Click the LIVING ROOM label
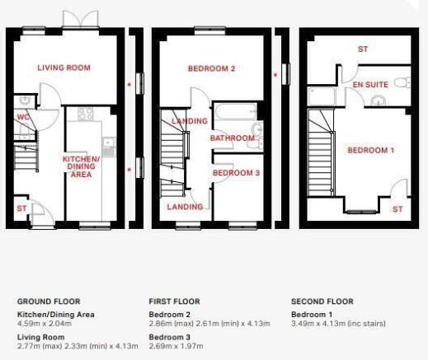point(63,68)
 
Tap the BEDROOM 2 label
point(212,68)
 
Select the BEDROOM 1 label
point(371,150)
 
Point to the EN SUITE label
point(370,85)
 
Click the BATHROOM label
point(233,138)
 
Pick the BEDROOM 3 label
point(236,173)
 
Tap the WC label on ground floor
point(23,117)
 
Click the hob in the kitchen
point(85,114)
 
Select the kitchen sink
point(109,147)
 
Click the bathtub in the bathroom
point(236,111)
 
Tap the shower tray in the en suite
point(322,96)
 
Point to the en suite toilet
point(402,82)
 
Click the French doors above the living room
point(81,19)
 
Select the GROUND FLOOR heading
point(49,302)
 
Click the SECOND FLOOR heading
point(322,302)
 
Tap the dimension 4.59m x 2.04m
point(45,324)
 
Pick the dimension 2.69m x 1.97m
point(176,346)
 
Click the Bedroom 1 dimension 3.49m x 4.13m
point(338,324)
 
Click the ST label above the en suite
point(363,49)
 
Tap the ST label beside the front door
point(21,208)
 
